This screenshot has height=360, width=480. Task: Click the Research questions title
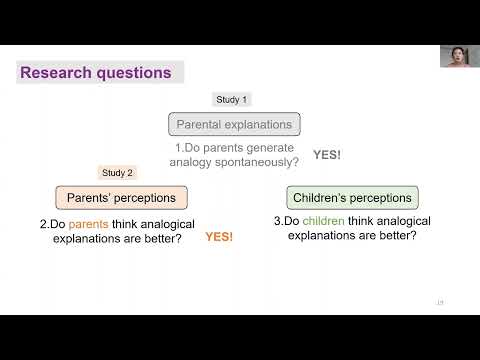[96, 73]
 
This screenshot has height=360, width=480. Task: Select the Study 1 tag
[233, 99]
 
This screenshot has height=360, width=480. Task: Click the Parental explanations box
[234, 125]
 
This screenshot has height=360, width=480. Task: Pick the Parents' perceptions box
[121, 197]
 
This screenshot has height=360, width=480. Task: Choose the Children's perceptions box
[352, 197]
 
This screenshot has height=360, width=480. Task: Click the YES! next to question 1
[327, 155]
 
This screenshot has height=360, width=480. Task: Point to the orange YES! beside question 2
[219, 237]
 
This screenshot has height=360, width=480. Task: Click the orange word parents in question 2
[87, 224]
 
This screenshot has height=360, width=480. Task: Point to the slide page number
[439, 303]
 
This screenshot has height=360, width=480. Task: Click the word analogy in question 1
[190, 161]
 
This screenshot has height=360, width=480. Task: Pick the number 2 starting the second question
[43, 224]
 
